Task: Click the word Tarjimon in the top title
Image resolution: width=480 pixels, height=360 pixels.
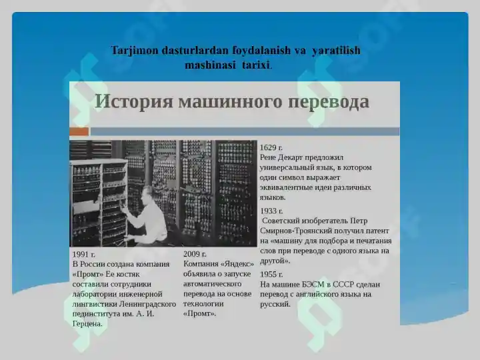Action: pos(134,51)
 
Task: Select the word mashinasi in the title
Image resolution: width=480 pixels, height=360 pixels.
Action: pos(211,65)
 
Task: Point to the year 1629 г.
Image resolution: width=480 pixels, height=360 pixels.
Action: pos(271,147)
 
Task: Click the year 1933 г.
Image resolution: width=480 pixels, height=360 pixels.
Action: pos(271,211)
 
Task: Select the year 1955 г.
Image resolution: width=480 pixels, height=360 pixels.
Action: pos(271,274)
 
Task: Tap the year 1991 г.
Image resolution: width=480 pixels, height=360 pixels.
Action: pos(84,254)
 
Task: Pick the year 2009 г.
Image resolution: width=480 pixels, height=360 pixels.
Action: pos(195,254)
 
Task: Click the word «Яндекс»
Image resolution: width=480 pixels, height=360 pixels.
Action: pos(235,264)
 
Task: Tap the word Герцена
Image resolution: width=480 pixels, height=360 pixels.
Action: pos(87,324)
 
